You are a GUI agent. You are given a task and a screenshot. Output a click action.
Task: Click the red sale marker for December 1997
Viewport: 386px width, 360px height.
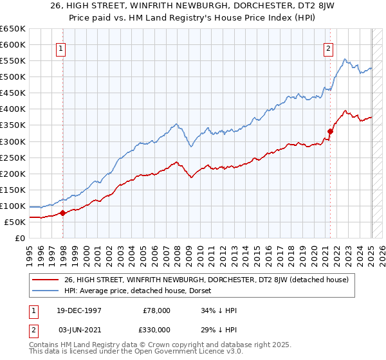[62, 213]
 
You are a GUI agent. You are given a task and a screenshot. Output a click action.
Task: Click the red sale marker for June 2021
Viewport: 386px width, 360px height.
[330, 131]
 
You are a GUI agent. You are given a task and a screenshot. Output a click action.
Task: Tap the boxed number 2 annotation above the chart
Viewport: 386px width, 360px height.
[328, 48]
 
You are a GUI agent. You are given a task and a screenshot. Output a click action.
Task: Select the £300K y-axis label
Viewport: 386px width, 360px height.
[13, 141]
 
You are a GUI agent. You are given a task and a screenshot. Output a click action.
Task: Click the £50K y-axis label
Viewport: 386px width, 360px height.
[15, 222]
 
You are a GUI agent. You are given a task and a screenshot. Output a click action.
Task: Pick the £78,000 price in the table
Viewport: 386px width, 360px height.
[156, 310]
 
